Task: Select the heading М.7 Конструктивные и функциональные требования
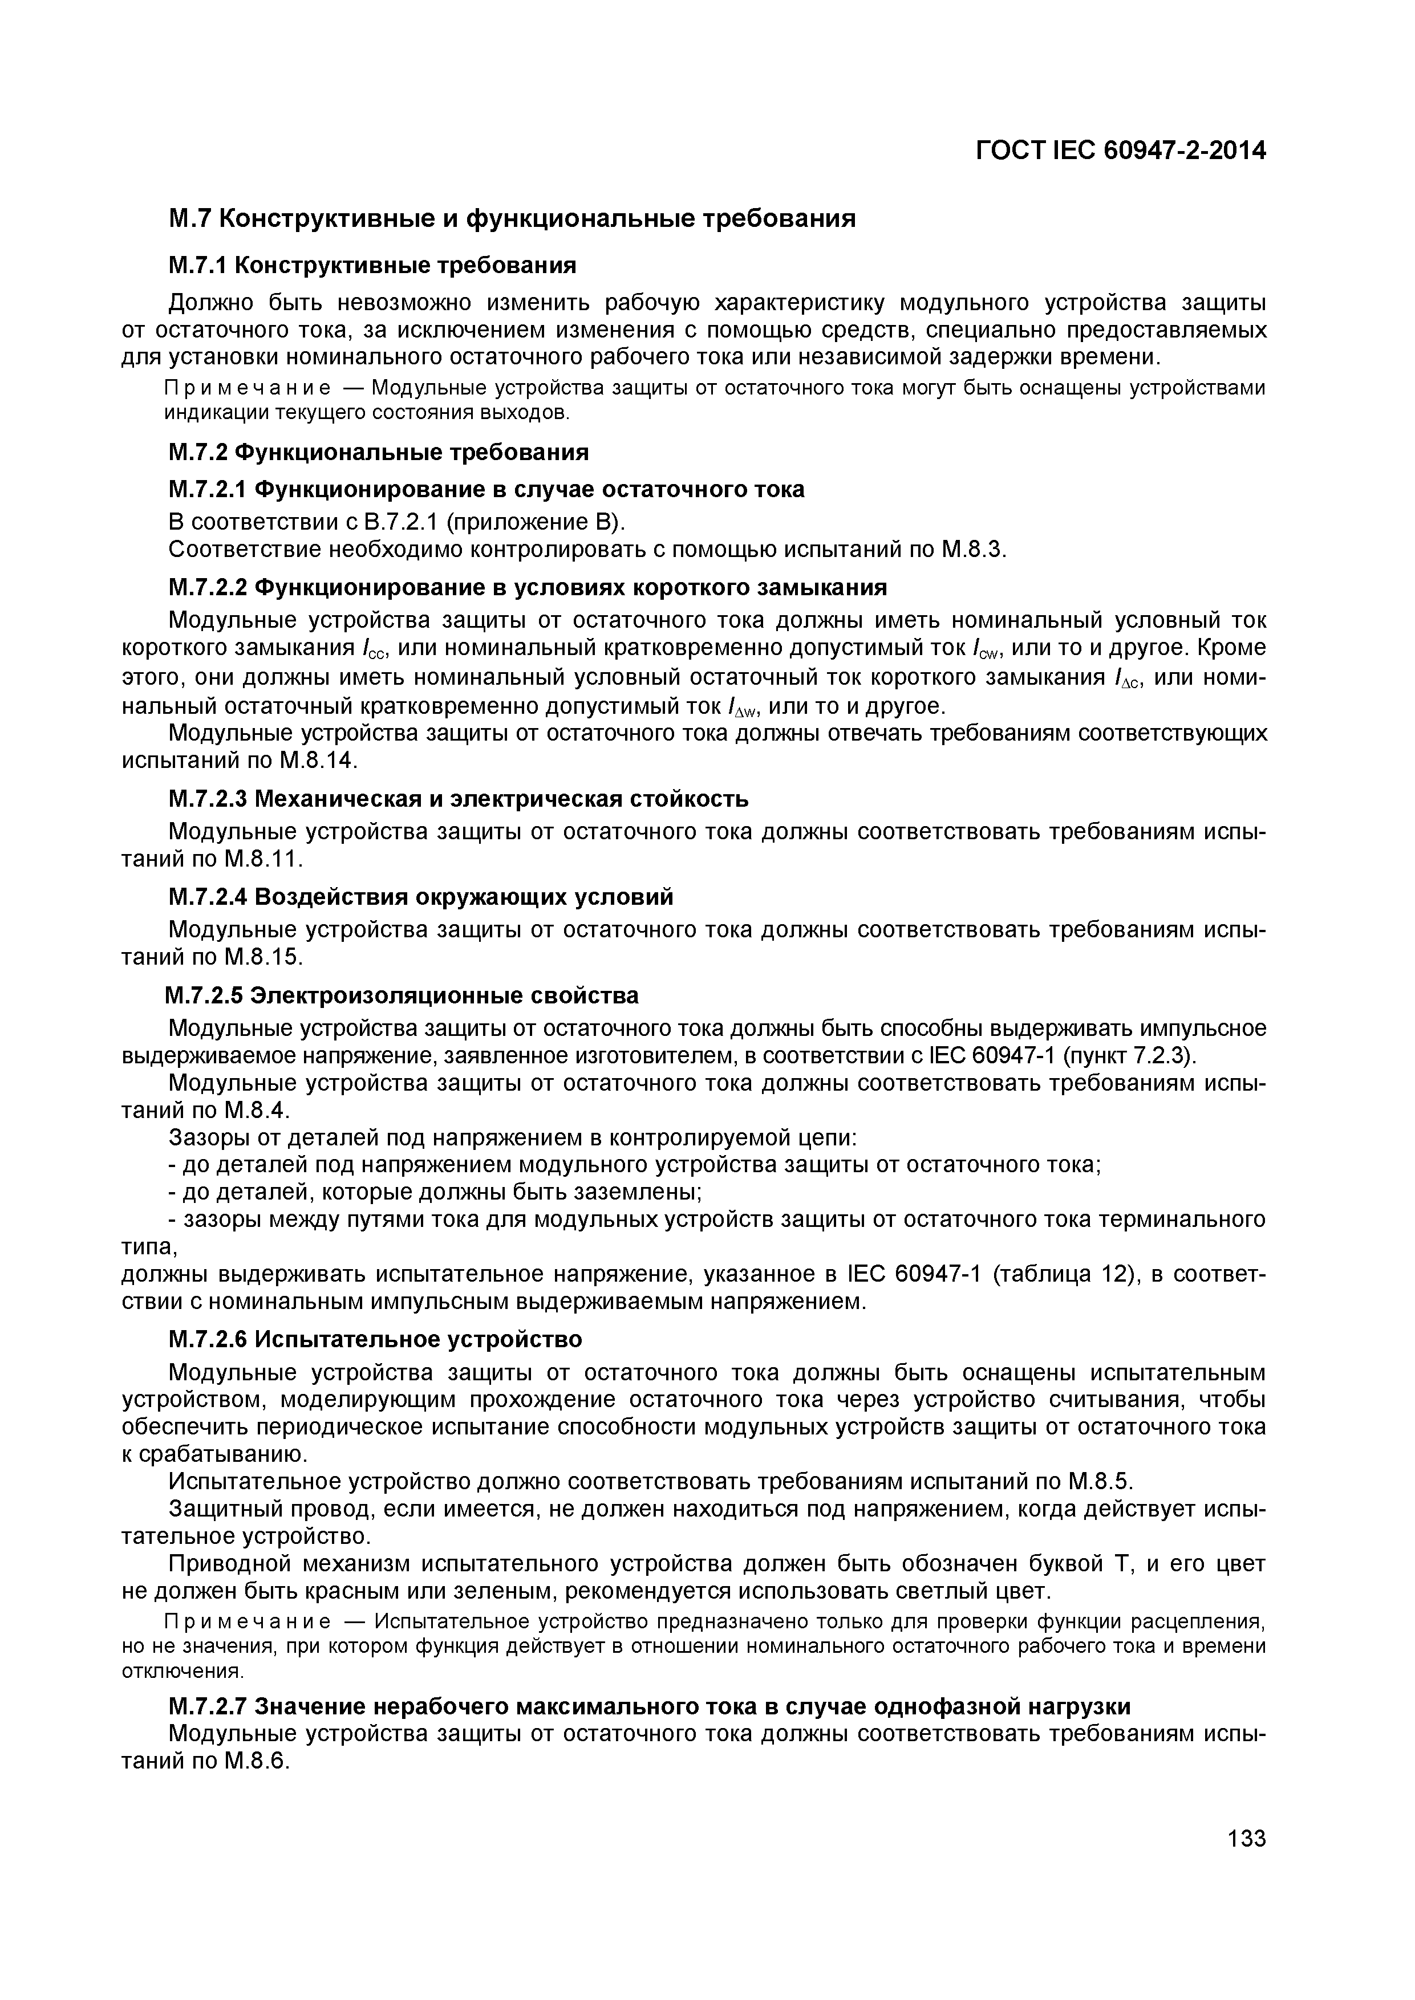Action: tap(512, 218)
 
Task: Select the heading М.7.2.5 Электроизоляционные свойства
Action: tap(403, 995)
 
